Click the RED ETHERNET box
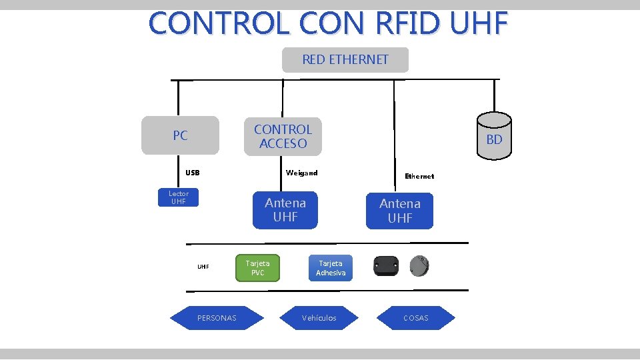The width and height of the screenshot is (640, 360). pyautogui.click(x=345, y=60)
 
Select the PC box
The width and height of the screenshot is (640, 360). pyautogui.click(x=180, y=135)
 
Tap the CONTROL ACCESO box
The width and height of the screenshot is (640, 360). pyautogui.click(x=283, y=137)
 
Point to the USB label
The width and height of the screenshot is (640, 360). pyautogui.click(x=193, y=173)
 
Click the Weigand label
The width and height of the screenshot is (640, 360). pyautogui.click(x=301, y=173)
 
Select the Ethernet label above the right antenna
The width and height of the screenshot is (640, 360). pyautogui.click(x=419, y=176)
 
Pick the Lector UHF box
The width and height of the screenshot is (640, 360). pyautogui.click(x=179, y=197)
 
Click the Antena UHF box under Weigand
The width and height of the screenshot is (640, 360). pyautogui.click(x=285, y=210)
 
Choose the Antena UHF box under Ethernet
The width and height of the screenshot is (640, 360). pyautogui.click(x=399, y=211)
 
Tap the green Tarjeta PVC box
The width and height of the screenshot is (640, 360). pyautogui.click(x=258, y=268)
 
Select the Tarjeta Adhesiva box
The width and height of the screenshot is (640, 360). pyautogui.click(x=331, y=268)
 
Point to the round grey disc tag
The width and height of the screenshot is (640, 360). pyautogui.click(x=419, y=266)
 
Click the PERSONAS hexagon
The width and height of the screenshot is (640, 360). pyautogui.click(x=217, y=318)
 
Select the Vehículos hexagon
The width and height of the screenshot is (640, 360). pyautogui.click(x=319, y=318)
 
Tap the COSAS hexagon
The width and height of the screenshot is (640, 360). pyautogui.click(x=416, y=318)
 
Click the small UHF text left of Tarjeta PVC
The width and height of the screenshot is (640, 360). pyautogui.click(x=203, y=267)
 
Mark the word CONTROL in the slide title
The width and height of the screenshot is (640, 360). pyautogui.click(x=219, y=23)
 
